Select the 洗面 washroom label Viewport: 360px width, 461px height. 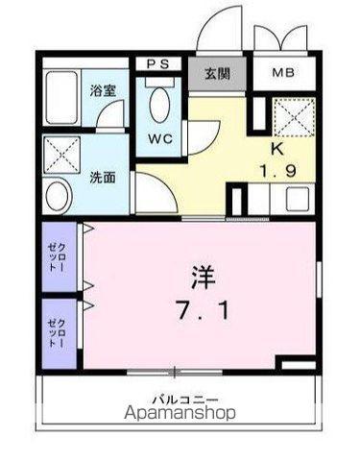click(x=103, y=178)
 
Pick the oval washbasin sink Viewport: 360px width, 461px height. click(x=59, y=197)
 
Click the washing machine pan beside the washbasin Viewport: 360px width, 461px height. click(x=60, y=153)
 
